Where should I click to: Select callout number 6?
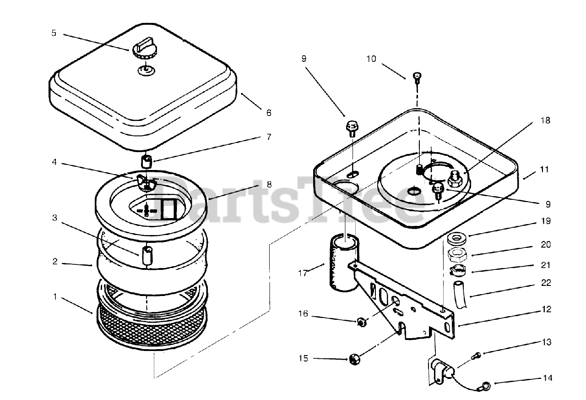click(x=268, y=113)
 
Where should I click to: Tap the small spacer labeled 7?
click(x=146, y=162)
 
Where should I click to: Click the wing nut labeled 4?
click(x=146, y=183)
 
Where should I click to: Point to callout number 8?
click(x=269, y=185)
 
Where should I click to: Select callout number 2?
click(x=55, y=262)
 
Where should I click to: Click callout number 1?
click(x=55, y=296)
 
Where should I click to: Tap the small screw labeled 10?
click(x=416, y=77)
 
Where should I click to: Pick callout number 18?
click(x=545, y=121)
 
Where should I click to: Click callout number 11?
click(x=544, y=170)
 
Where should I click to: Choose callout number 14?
click(x=547, y=378)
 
